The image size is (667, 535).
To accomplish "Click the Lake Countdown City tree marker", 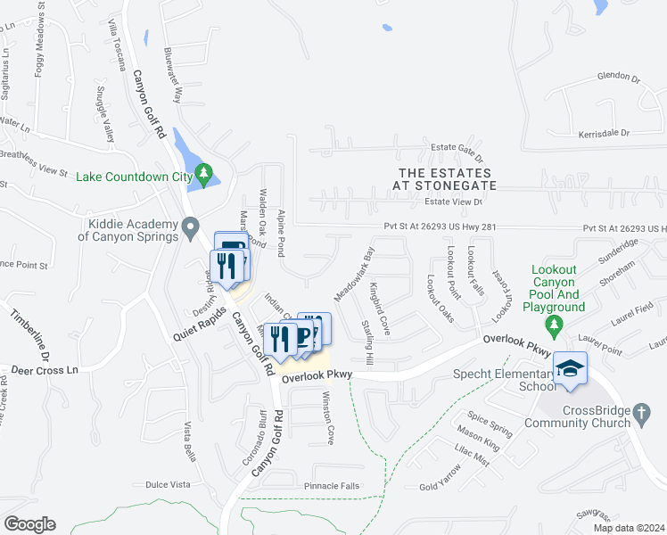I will (x=206, y=175).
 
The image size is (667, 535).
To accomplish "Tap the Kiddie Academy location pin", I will (x=189, y=230).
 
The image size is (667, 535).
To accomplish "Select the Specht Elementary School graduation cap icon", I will (x=570, y=368).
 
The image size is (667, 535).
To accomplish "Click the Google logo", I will (x=29, y=524).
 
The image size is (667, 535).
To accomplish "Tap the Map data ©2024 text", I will (x=628, y=528).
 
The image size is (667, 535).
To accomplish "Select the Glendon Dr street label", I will (x=619, y=78).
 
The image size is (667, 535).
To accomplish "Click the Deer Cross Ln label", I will (x=45, y=369).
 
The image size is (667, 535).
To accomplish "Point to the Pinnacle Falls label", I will (x=331, y=486).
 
